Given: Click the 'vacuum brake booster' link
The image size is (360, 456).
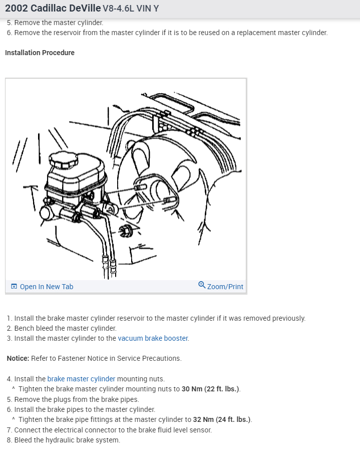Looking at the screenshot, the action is point(153,338).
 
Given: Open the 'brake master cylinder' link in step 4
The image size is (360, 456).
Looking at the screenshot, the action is point(81,379).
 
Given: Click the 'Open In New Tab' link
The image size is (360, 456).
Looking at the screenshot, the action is point(46,287).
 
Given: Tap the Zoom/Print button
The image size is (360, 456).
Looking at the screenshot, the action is point(225,287).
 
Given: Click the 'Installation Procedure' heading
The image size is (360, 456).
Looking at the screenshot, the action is point(40,53).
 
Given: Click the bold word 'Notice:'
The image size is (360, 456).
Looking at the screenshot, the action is point(18,358).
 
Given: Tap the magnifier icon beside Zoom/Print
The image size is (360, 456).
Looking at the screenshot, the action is point(201,285).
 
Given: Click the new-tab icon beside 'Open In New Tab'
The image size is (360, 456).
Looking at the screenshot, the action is point(14,287).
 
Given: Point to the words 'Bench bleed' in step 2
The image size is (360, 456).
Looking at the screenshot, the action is point(34,328).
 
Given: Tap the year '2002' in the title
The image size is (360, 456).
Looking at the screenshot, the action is point(17,9).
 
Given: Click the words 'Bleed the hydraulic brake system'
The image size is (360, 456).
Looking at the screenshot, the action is point(67,440).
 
